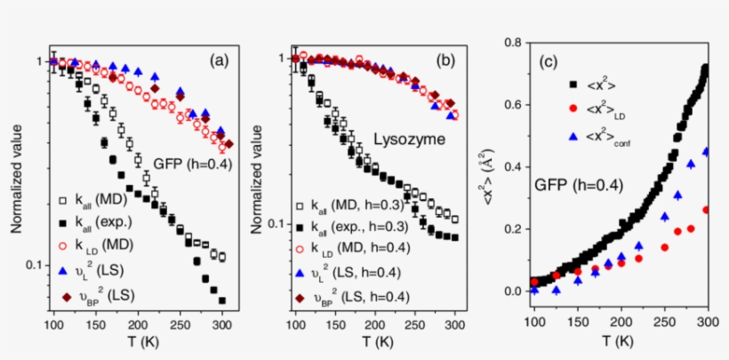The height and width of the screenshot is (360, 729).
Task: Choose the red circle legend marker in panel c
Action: (x=573, y=111)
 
